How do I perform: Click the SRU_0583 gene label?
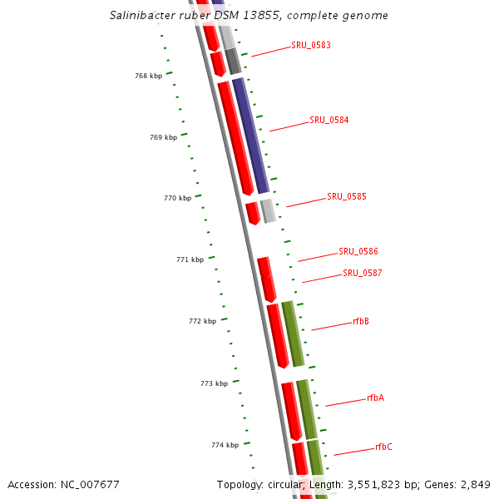311,45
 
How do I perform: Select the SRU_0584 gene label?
329,120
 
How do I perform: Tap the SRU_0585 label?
347,196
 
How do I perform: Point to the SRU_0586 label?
358,251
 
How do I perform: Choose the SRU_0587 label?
363,273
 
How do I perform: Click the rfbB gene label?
361,321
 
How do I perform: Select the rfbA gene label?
375,398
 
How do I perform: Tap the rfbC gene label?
383,447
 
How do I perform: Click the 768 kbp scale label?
148,76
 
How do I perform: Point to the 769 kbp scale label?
163,137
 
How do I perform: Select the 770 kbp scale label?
177,198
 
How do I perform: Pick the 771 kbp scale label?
190,259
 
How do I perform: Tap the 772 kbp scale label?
202,321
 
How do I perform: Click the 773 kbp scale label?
214,383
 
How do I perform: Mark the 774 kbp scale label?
225,445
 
